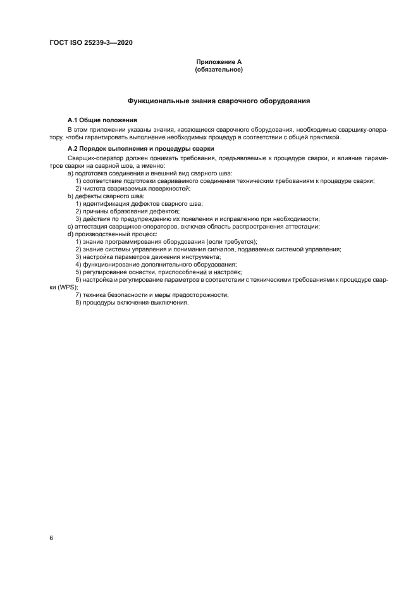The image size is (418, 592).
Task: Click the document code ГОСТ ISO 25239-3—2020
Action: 90,43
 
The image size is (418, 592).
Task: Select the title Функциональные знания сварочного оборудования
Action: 218,101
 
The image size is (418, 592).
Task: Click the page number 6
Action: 51,538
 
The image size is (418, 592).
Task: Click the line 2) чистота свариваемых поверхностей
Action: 133,188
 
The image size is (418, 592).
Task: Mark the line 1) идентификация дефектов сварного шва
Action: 138,203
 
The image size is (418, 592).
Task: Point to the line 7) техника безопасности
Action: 152,294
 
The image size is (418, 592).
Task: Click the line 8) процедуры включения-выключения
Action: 132,302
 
